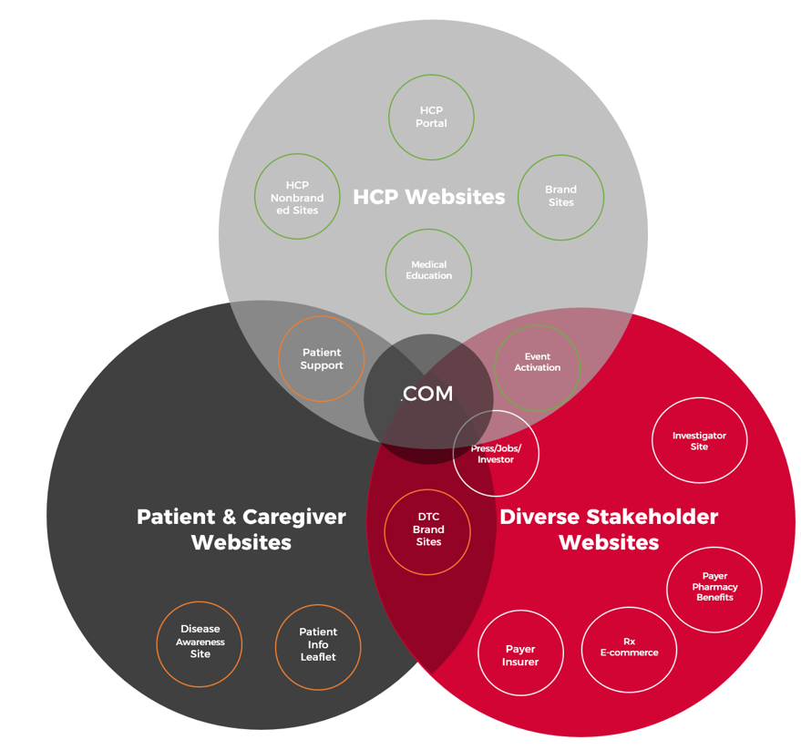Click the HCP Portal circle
pyautogui.click(x=431, y=118)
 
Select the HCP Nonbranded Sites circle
pyautogui.click(x=297, y=197)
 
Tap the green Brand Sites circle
pyautogui.click(x=560, y=197)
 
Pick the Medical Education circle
pyautogui.click(x=428, y=271)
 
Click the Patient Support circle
pyautogui.click(x=322, y=359)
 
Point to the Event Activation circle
pyautogui.click(x=537, y=363)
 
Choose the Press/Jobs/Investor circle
pyautogui.click(x=496, y=454)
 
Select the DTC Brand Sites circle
pyautogui.click(x=427, y=530)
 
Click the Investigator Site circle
pyautogui.click(x=699, y=441)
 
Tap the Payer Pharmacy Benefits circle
pyautogui.click(x=714, y=588)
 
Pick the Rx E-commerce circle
pyautogui.click(x=629, y=648)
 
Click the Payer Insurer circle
pyautogui.click(x=520, y=654)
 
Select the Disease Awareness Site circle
pyautogui.click(x=200, y=642)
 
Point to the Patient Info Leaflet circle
pyautogui.click(x=318, y=645)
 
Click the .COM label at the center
pyautogui.click(x=427, y=395)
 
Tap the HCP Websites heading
pyautogui.click(x=428, y=197)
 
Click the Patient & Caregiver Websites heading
pyautogui.click(x=241, y=529)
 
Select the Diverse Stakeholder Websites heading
pyautogui.click(x=609, y=529)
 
